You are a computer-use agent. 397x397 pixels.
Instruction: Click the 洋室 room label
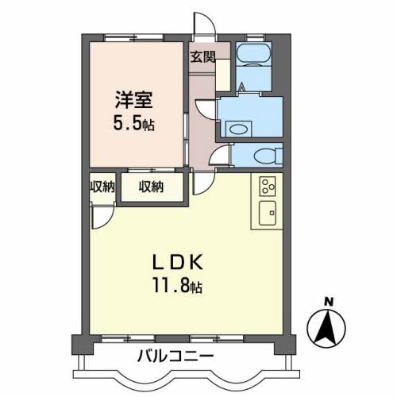coord(132,101)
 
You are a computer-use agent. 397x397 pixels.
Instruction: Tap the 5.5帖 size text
coord(132,125)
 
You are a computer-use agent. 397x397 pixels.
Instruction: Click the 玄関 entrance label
coord(202,56)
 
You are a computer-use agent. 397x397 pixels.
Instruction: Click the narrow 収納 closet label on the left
coord(102,187)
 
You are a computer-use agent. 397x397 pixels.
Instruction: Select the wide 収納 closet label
coord(152,187)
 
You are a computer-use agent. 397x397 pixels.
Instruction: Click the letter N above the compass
coord(326,300)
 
